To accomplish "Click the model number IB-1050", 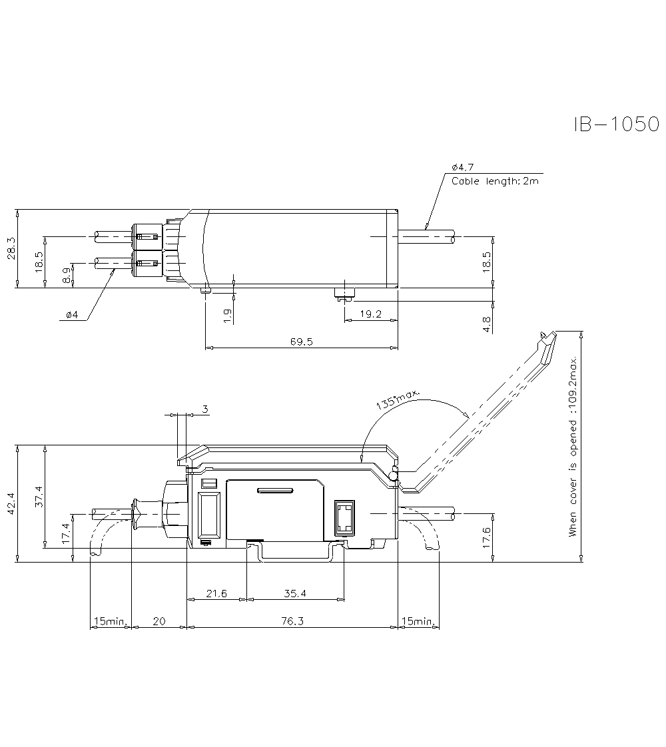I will (x=616, y=124).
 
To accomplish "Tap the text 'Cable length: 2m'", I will (x=495, y=181).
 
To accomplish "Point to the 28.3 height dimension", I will (x=11, y=250).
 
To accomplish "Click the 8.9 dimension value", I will (x=67, y=275).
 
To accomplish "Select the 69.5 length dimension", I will (x=301, y=342).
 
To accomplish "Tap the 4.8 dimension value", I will (x=487, y=324).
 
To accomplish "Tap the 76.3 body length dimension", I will (x=292, y=621).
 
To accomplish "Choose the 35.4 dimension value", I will (x=294, y=593).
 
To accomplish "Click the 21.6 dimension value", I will (x=216, y=593).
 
